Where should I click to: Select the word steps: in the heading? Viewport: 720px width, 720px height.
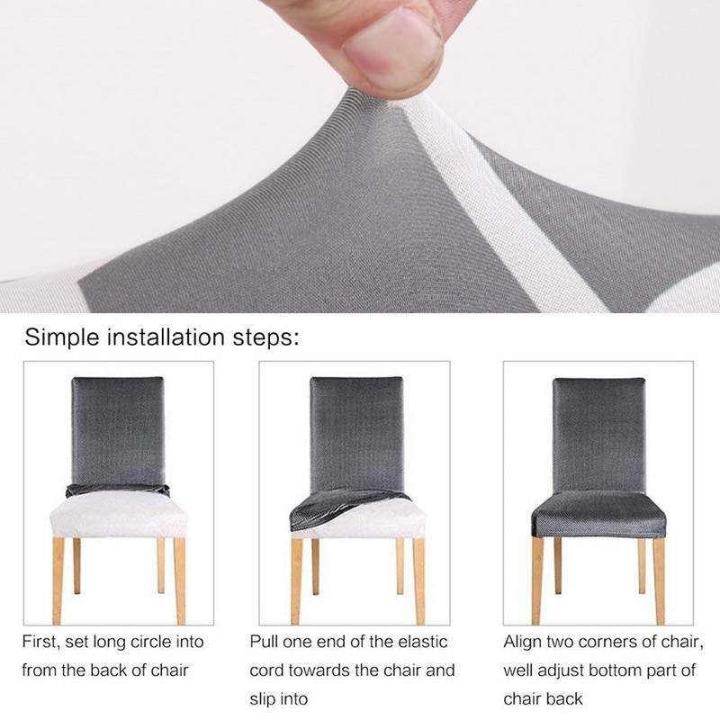pos(261,338)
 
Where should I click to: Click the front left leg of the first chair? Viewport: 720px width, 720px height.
pos(58,576)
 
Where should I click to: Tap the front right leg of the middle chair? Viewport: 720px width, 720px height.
pos(418,576)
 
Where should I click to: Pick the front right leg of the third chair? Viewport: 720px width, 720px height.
pos(660,576)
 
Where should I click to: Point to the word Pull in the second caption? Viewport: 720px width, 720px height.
pos(266,643)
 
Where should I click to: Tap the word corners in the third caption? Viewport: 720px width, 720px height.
pos(613,643)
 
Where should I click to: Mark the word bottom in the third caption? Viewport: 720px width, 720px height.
pos(627,670)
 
